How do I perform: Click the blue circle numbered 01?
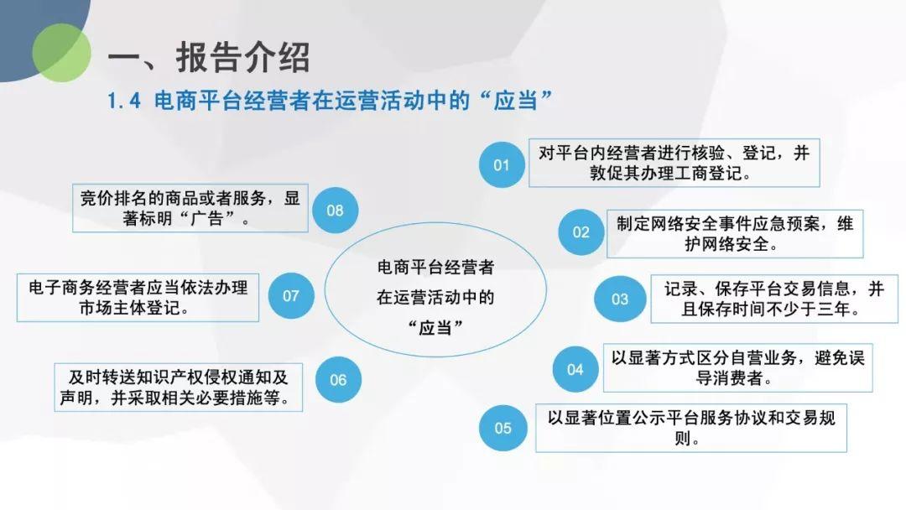(502, 164)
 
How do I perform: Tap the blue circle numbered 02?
(581, 232)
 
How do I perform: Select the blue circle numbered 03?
(619, 299)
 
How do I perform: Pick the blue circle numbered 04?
(575, 369)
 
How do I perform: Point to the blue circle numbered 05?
(502, 428)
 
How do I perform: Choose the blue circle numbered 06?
(338, 379)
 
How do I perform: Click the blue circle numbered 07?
(290, 296)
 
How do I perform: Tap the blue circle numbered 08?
(335, 211)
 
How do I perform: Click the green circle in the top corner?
(61, 53)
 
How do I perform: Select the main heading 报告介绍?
(242, 57)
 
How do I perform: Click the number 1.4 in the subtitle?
(124, 101)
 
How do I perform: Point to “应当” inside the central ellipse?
(435, 327)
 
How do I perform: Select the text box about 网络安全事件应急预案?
(735, 233)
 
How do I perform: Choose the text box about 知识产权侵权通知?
(179, 387)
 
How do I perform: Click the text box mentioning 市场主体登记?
(138, 298)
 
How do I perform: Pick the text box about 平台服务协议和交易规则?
(691, 428)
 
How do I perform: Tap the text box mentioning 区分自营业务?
(738, 368)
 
